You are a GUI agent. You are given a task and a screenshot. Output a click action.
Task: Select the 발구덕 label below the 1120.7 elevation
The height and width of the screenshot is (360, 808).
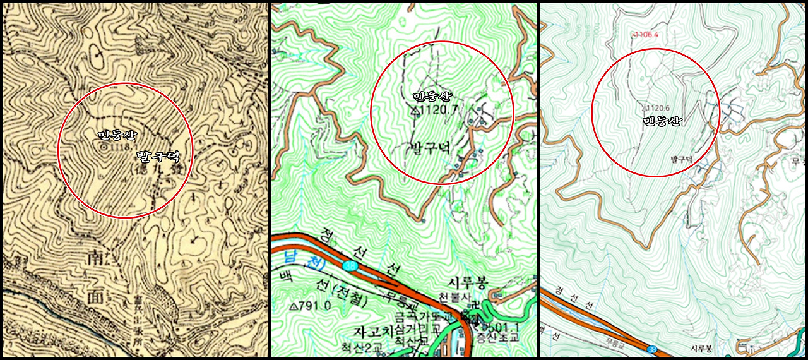coord(430,148)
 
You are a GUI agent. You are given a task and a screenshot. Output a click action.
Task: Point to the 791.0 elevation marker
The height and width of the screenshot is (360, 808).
coord(310,306)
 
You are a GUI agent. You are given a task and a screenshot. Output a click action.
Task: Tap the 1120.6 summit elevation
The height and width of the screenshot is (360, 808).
coord(658,108)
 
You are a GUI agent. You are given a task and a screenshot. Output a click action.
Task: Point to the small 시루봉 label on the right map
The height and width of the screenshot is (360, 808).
coord(701,348)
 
